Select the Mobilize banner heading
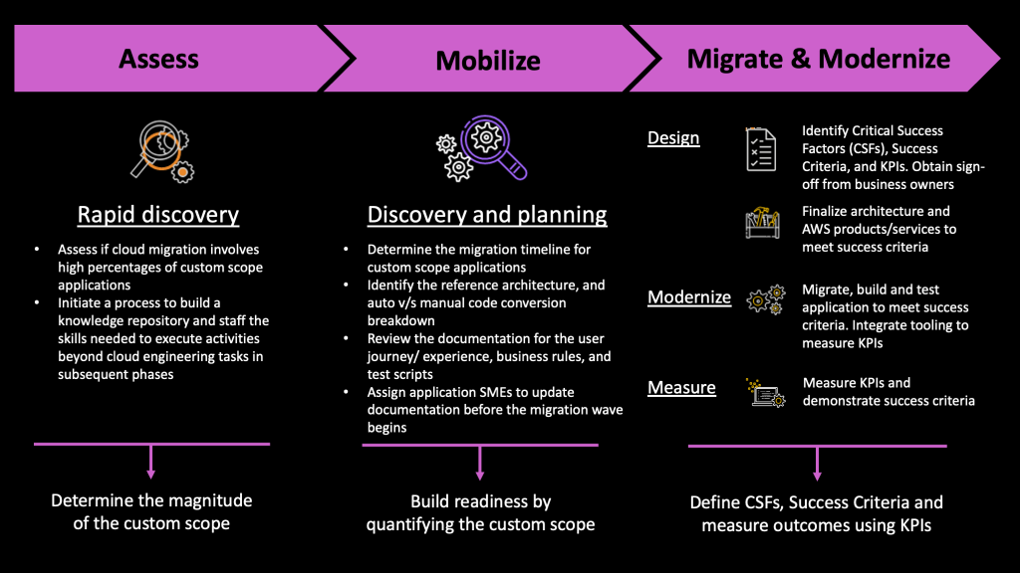pos(488,61)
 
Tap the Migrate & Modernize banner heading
pos(819,59)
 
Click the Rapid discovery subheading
pos(158,215)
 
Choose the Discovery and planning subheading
pos(487,215)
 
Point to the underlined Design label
pos(673,138)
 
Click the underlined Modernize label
pos(689,297)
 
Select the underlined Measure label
pos(681,387)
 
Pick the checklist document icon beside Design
pos(761,148)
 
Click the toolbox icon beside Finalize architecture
pos(762,223)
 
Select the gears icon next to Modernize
pos(765,299)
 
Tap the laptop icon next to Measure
pos(763,391)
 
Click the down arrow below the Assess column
pos(151,462)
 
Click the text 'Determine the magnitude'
pos(151,500)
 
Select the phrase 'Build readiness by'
pos(480,501)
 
